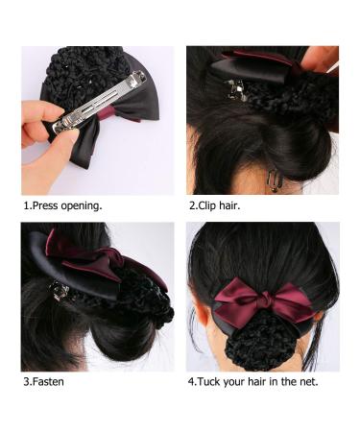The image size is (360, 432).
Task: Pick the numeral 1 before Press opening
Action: (25, 205)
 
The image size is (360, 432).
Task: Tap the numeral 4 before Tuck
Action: (190, 382)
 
